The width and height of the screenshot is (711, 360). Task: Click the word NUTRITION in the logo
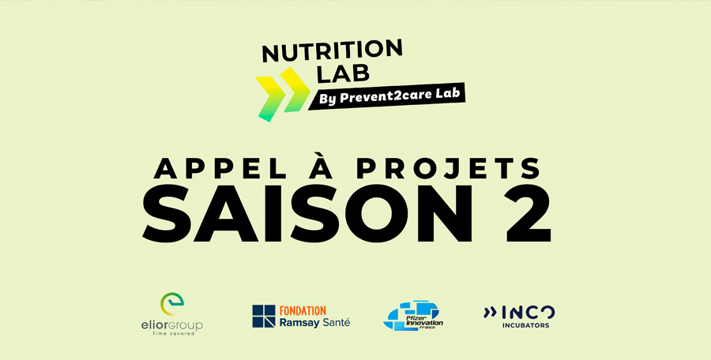click(x=332, y=51)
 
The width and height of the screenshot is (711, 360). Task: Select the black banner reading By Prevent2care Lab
click(x=388, y=96)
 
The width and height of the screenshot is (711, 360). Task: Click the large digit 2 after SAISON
click(x=529, y=213)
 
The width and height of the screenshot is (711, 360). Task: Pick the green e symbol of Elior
click(x=172, y=304)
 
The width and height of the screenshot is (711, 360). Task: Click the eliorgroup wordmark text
click(x=172, y=325)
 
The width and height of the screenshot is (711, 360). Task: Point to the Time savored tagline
click(x=172, y=334)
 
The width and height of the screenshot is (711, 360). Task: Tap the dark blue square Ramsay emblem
click(x=264, y=316)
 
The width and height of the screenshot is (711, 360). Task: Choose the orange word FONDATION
click(x=303, y=311)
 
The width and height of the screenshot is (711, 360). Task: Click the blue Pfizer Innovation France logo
click(x=412, y=316)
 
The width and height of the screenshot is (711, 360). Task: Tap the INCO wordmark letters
click(x=529, y=313)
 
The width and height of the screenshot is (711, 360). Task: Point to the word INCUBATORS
click(x=525, y=325)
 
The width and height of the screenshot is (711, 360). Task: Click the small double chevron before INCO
click(x=490, y=312)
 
